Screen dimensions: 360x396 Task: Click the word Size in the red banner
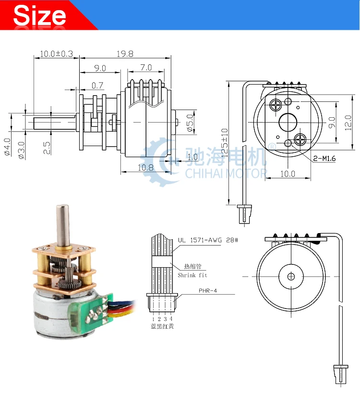pyautogui.click(x=39, y=15)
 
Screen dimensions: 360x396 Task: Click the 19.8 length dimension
pyautogui.click(x=125, y=54)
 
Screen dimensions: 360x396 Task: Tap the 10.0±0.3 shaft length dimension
pyautogui.click(x=57, y=54)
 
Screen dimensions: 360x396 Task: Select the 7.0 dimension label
pyautogui.click(x=146, y=68)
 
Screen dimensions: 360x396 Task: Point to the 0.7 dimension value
pyautogui.click(x=97, y=86)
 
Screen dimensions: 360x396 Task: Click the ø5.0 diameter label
pyautogui.click(x=190, y=123)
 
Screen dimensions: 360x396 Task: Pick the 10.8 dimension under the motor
pyautogui.click(x=145, y=167)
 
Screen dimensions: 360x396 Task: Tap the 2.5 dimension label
pyautogui.click(x=47, y=148)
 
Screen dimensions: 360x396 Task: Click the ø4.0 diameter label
pyautogui.click(x=7, y=147)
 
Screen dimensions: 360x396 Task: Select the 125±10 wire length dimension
pyautogui.click(x=224, y=143)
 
